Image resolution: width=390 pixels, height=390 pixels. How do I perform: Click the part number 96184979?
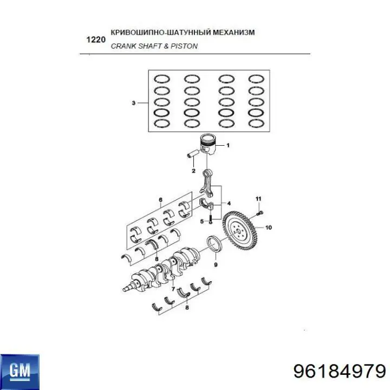(339, 371)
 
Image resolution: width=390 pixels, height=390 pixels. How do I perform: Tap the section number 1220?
(95, 40)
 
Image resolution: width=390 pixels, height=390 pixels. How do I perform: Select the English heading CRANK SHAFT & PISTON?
(154, 46)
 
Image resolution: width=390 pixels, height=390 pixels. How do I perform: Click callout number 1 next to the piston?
(228, 145)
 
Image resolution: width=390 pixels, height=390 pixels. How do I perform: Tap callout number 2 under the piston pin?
(193, 171)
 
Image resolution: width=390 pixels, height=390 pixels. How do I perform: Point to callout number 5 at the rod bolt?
(201, 221)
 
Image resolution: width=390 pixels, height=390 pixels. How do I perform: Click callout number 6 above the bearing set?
(160, 200)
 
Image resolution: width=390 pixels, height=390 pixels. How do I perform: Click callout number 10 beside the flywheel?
(269, 227)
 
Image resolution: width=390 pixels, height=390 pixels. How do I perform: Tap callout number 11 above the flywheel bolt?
(258, 198)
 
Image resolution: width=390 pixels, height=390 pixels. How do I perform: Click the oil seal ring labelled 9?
(216, 244)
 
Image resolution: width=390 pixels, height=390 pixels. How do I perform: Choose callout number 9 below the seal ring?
(216, 265)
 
